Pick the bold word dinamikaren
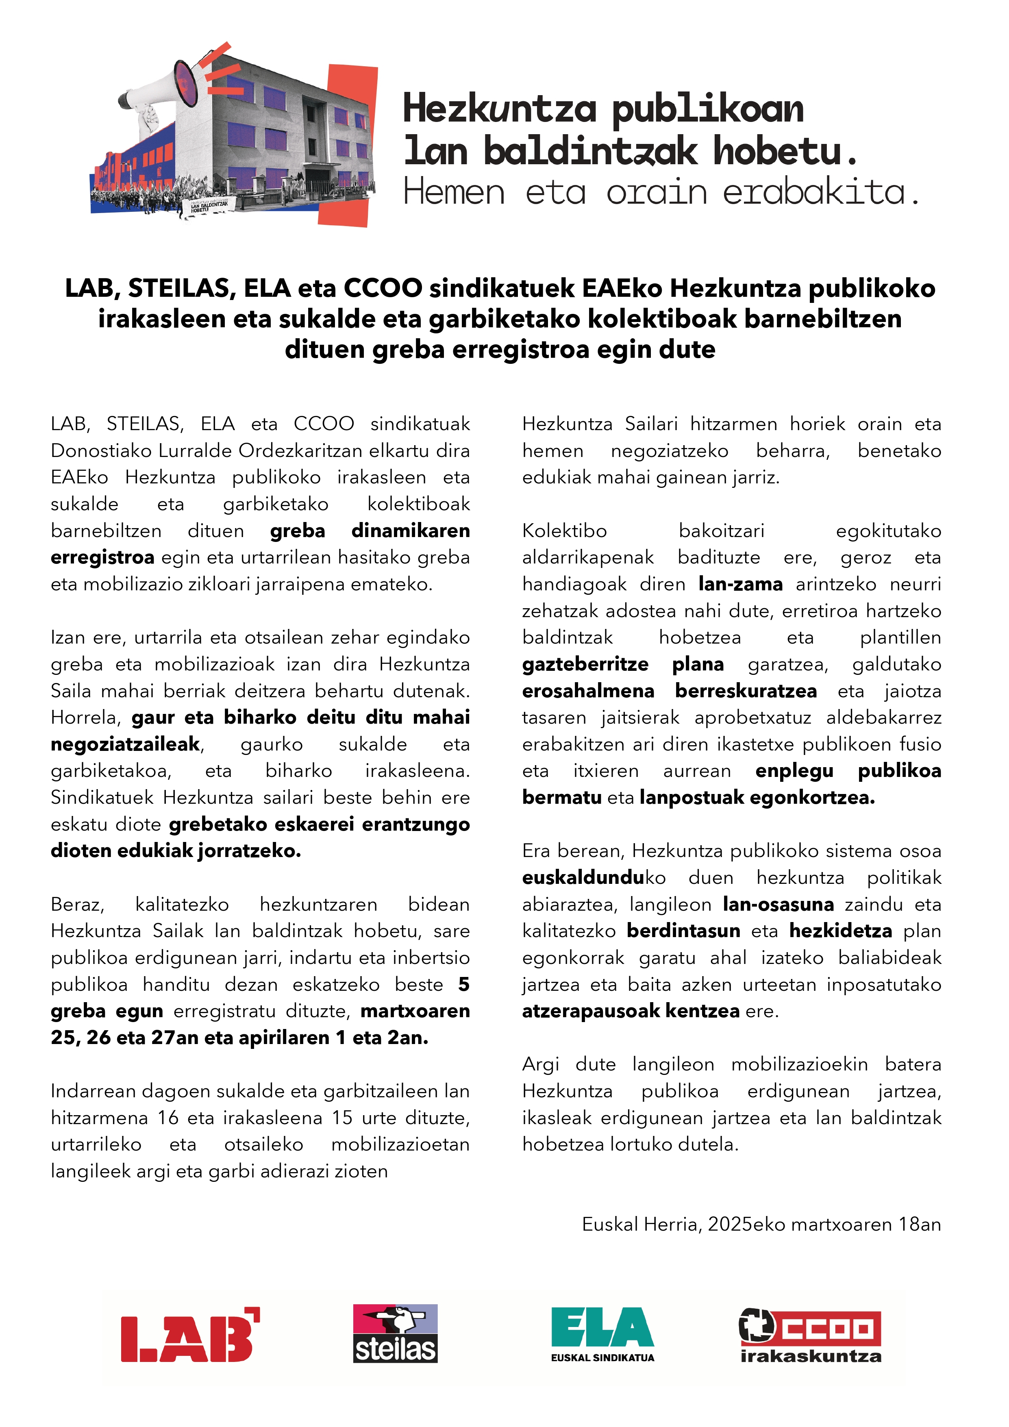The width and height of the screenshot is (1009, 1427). (x=410, y=531)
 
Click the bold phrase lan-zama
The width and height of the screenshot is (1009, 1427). (x=740, y=584)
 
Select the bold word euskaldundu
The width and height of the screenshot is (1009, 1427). (x=583, y=878)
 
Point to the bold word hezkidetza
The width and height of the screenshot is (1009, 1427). (x=841, y=931)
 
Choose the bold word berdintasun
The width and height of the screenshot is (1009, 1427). (x=683, y=931)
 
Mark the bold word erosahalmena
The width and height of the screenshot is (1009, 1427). (x=588, y=691)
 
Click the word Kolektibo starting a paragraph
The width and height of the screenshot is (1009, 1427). (x=564, y=531)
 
